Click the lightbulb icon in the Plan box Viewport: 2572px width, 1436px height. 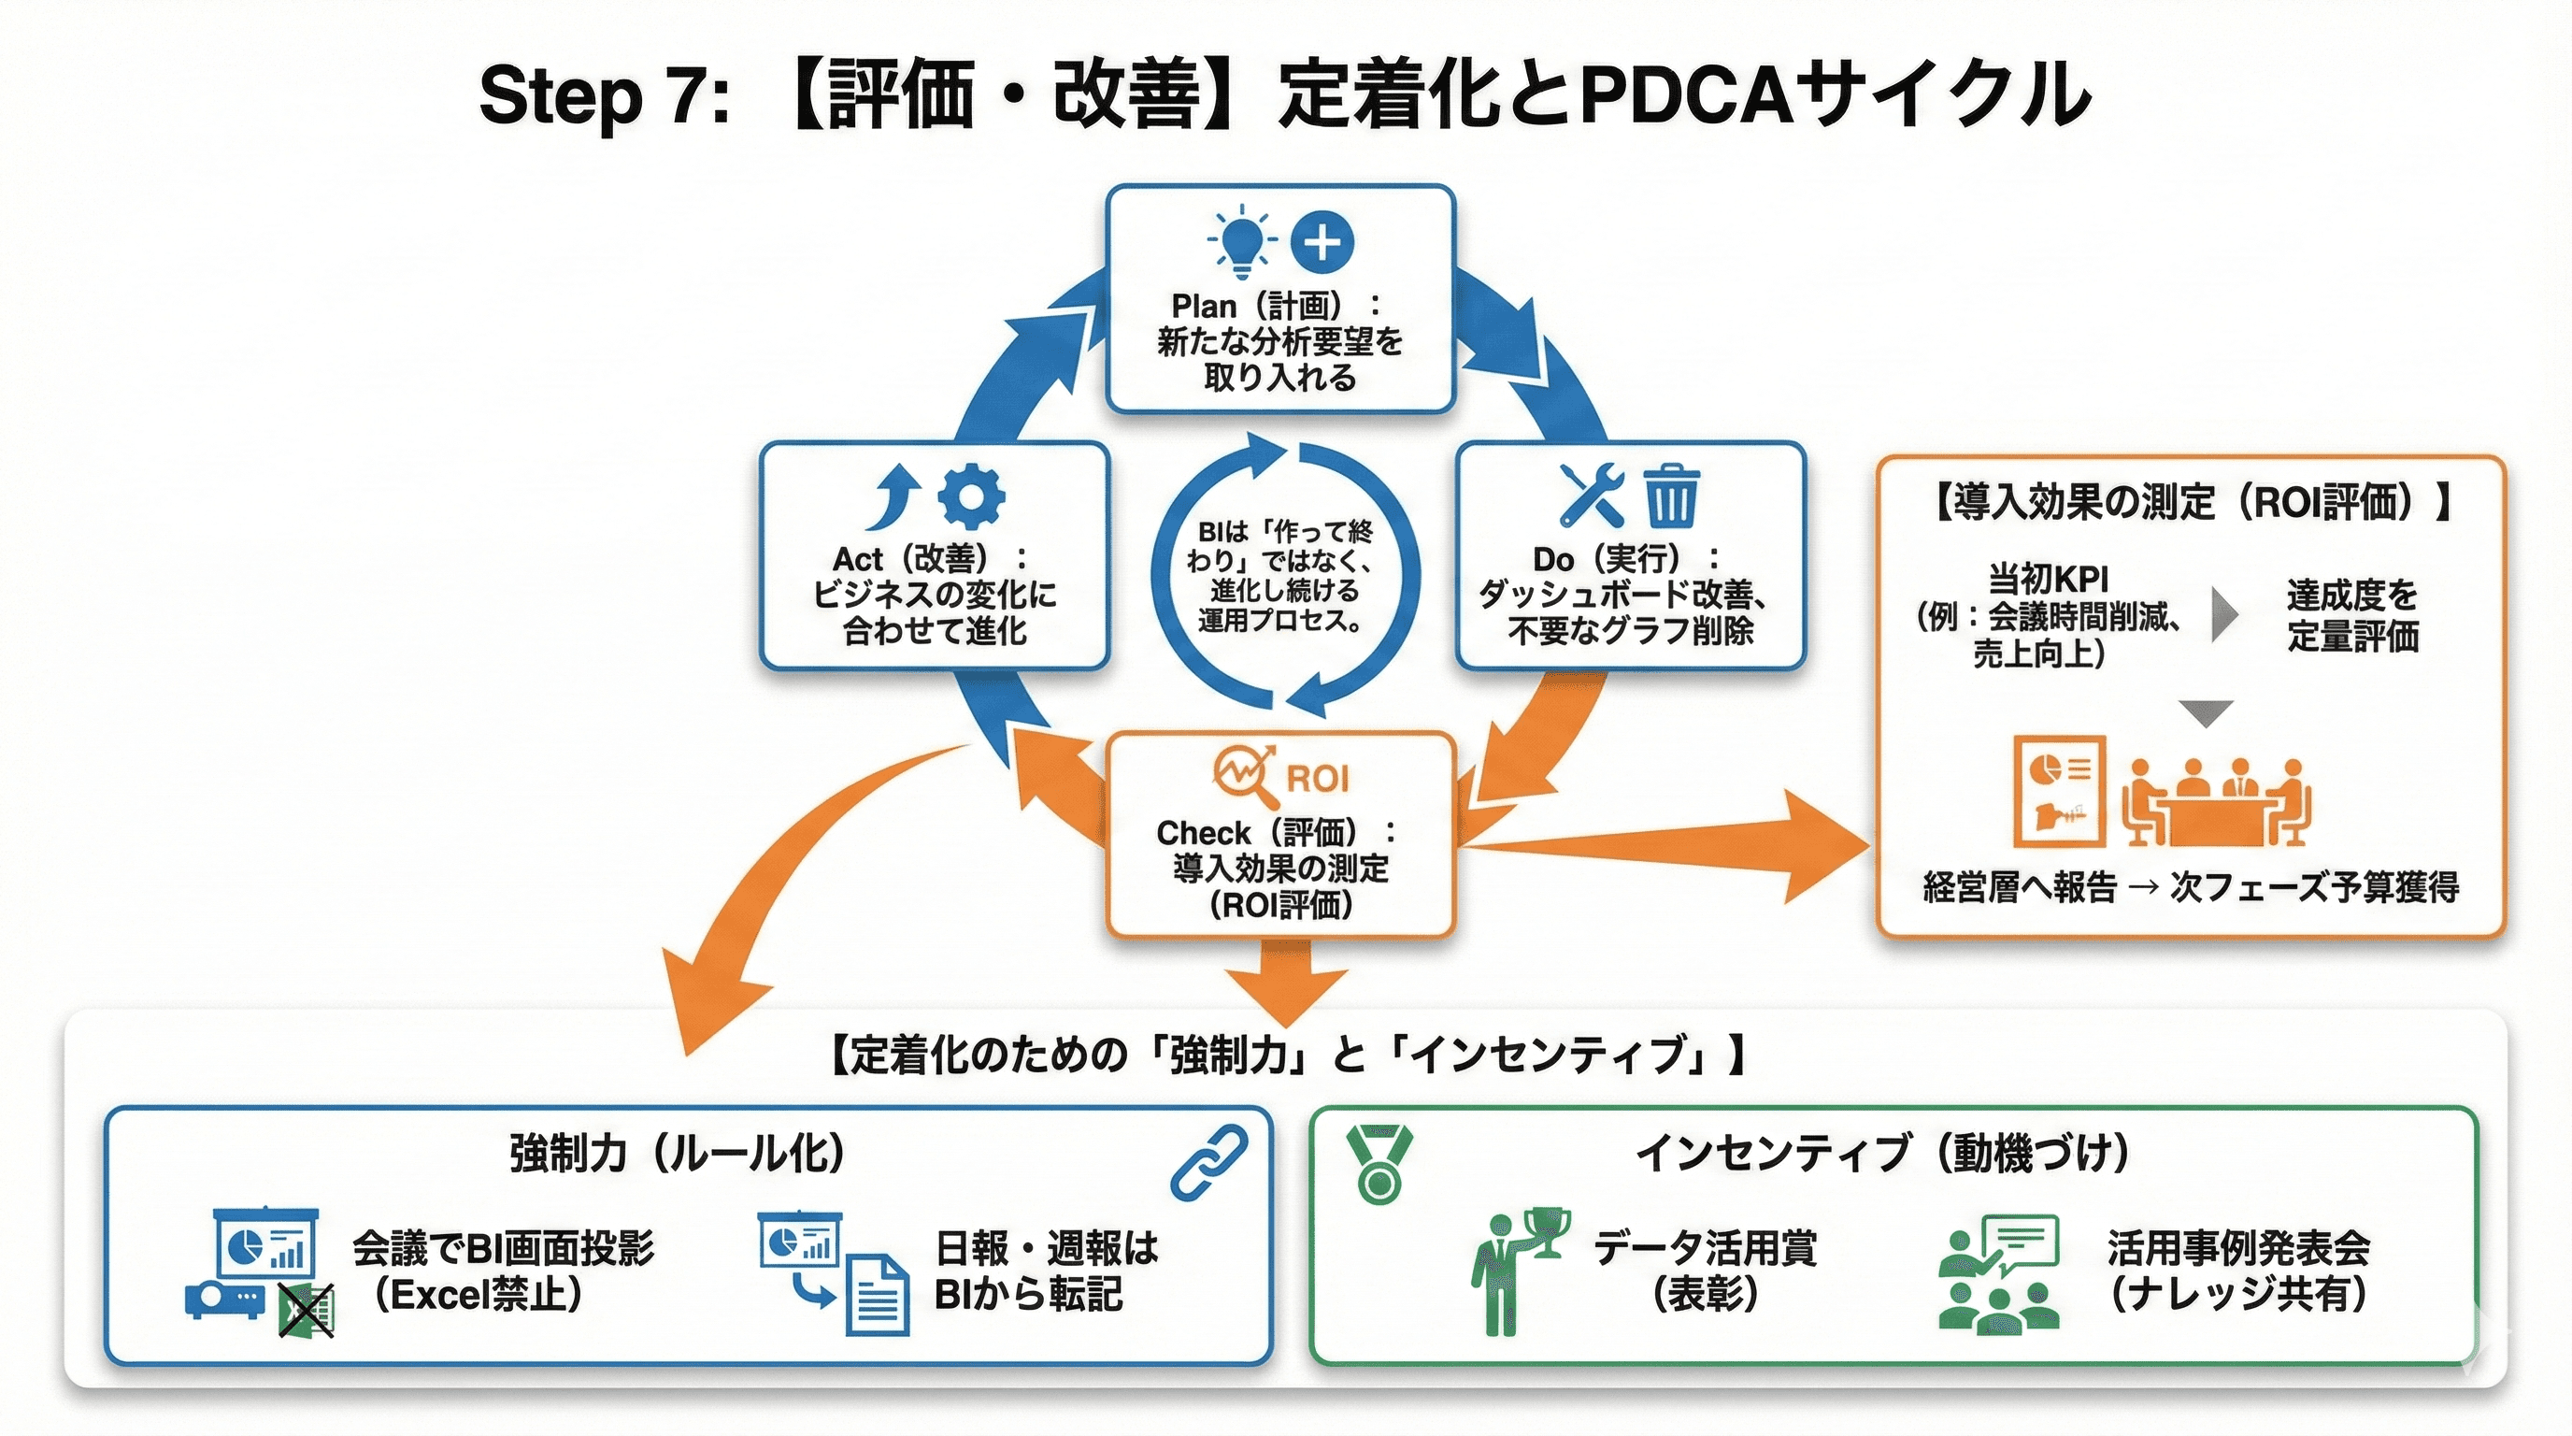tap(1241, 240)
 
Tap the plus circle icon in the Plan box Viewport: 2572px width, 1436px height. tap(1322, 241)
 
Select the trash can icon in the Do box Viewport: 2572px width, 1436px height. tap(1670, 495)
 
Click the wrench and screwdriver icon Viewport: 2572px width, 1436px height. tap(1592, 495)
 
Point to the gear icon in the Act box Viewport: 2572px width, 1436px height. tap(971, 495)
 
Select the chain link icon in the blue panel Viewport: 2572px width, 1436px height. tap(1208, 1161)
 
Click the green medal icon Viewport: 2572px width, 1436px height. tap(1379, 1164)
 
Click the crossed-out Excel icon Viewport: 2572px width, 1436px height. tap(307, 1309)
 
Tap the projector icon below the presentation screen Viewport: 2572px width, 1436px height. tap(225, 1300)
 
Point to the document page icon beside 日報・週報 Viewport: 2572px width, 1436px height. tap(877, 1295)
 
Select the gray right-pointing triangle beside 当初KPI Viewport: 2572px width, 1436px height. tap(2224, 615)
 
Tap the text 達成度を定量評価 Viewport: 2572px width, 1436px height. tap(2352, 615)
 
